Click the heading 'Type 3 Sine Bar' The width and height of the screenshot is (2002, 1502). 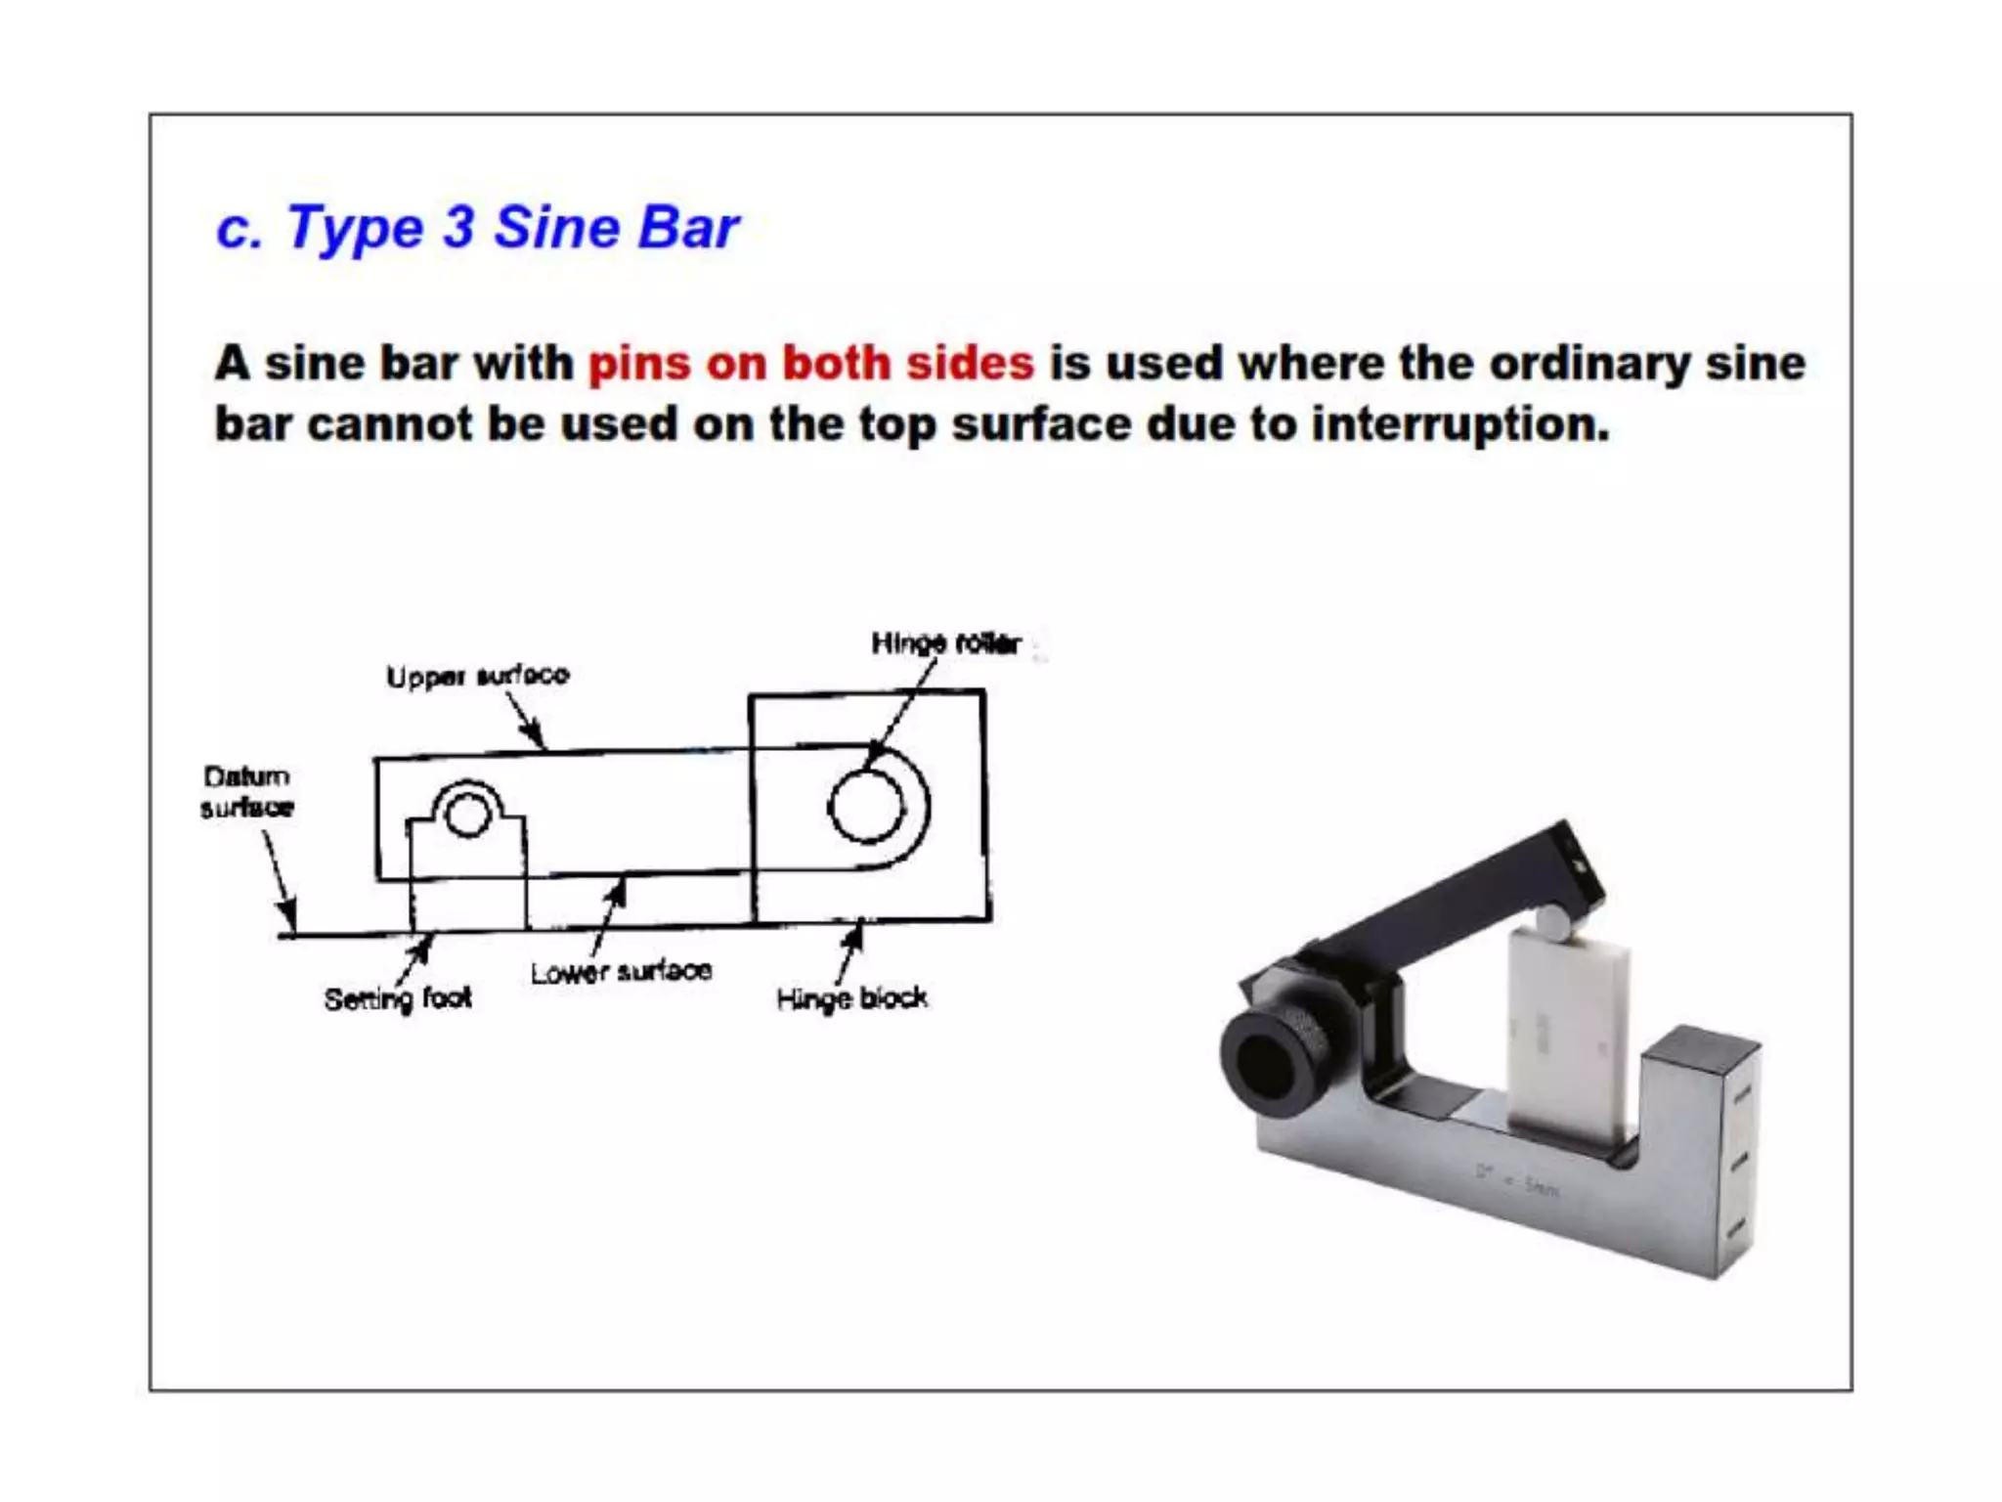477,228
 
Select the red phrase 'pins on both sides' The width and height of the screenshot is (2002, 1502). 810,364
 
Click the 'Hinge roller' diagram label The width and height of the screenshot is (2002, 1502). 945,643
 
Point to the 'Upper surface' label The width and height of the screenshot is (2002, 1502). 477,676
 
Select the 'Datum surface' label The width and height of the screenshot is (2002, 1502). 247,791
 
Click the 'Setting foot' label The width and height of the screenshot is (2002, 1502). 398,998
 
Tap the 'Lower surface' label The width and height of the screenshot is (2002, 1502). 621,972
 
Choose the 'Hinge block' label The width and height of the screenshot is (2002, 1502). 851,998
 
